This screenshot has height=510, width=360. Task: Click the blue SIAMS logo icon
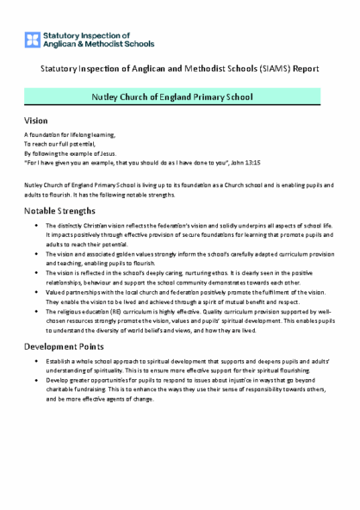31,37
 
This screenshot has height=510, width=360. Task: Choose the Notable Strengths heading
60,210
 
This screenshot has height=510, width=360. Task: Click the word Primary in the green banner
216,97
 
